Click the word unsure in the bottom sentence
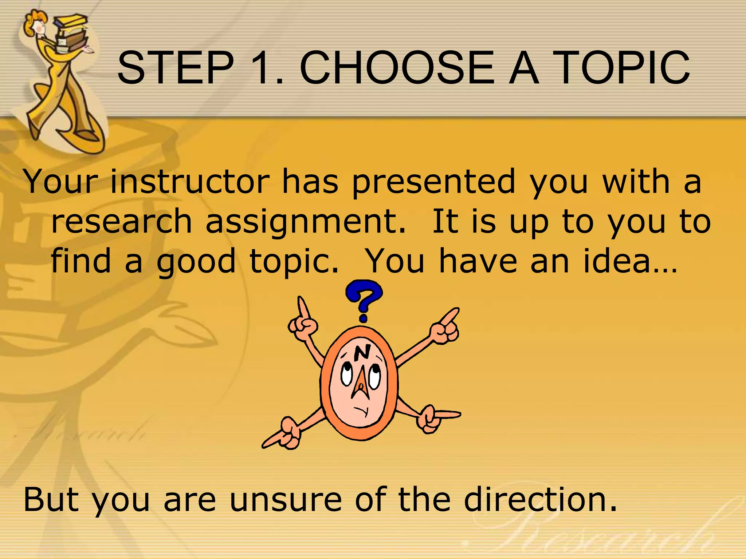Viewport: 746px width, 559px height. tap(286, 499)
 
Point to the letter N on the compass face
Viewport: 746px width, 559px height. tap(362, 352)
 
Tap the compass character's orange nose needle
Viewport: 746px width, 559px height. tap(361, 382)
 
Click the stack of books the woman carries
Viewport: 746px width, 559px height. tap(71, 33)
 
